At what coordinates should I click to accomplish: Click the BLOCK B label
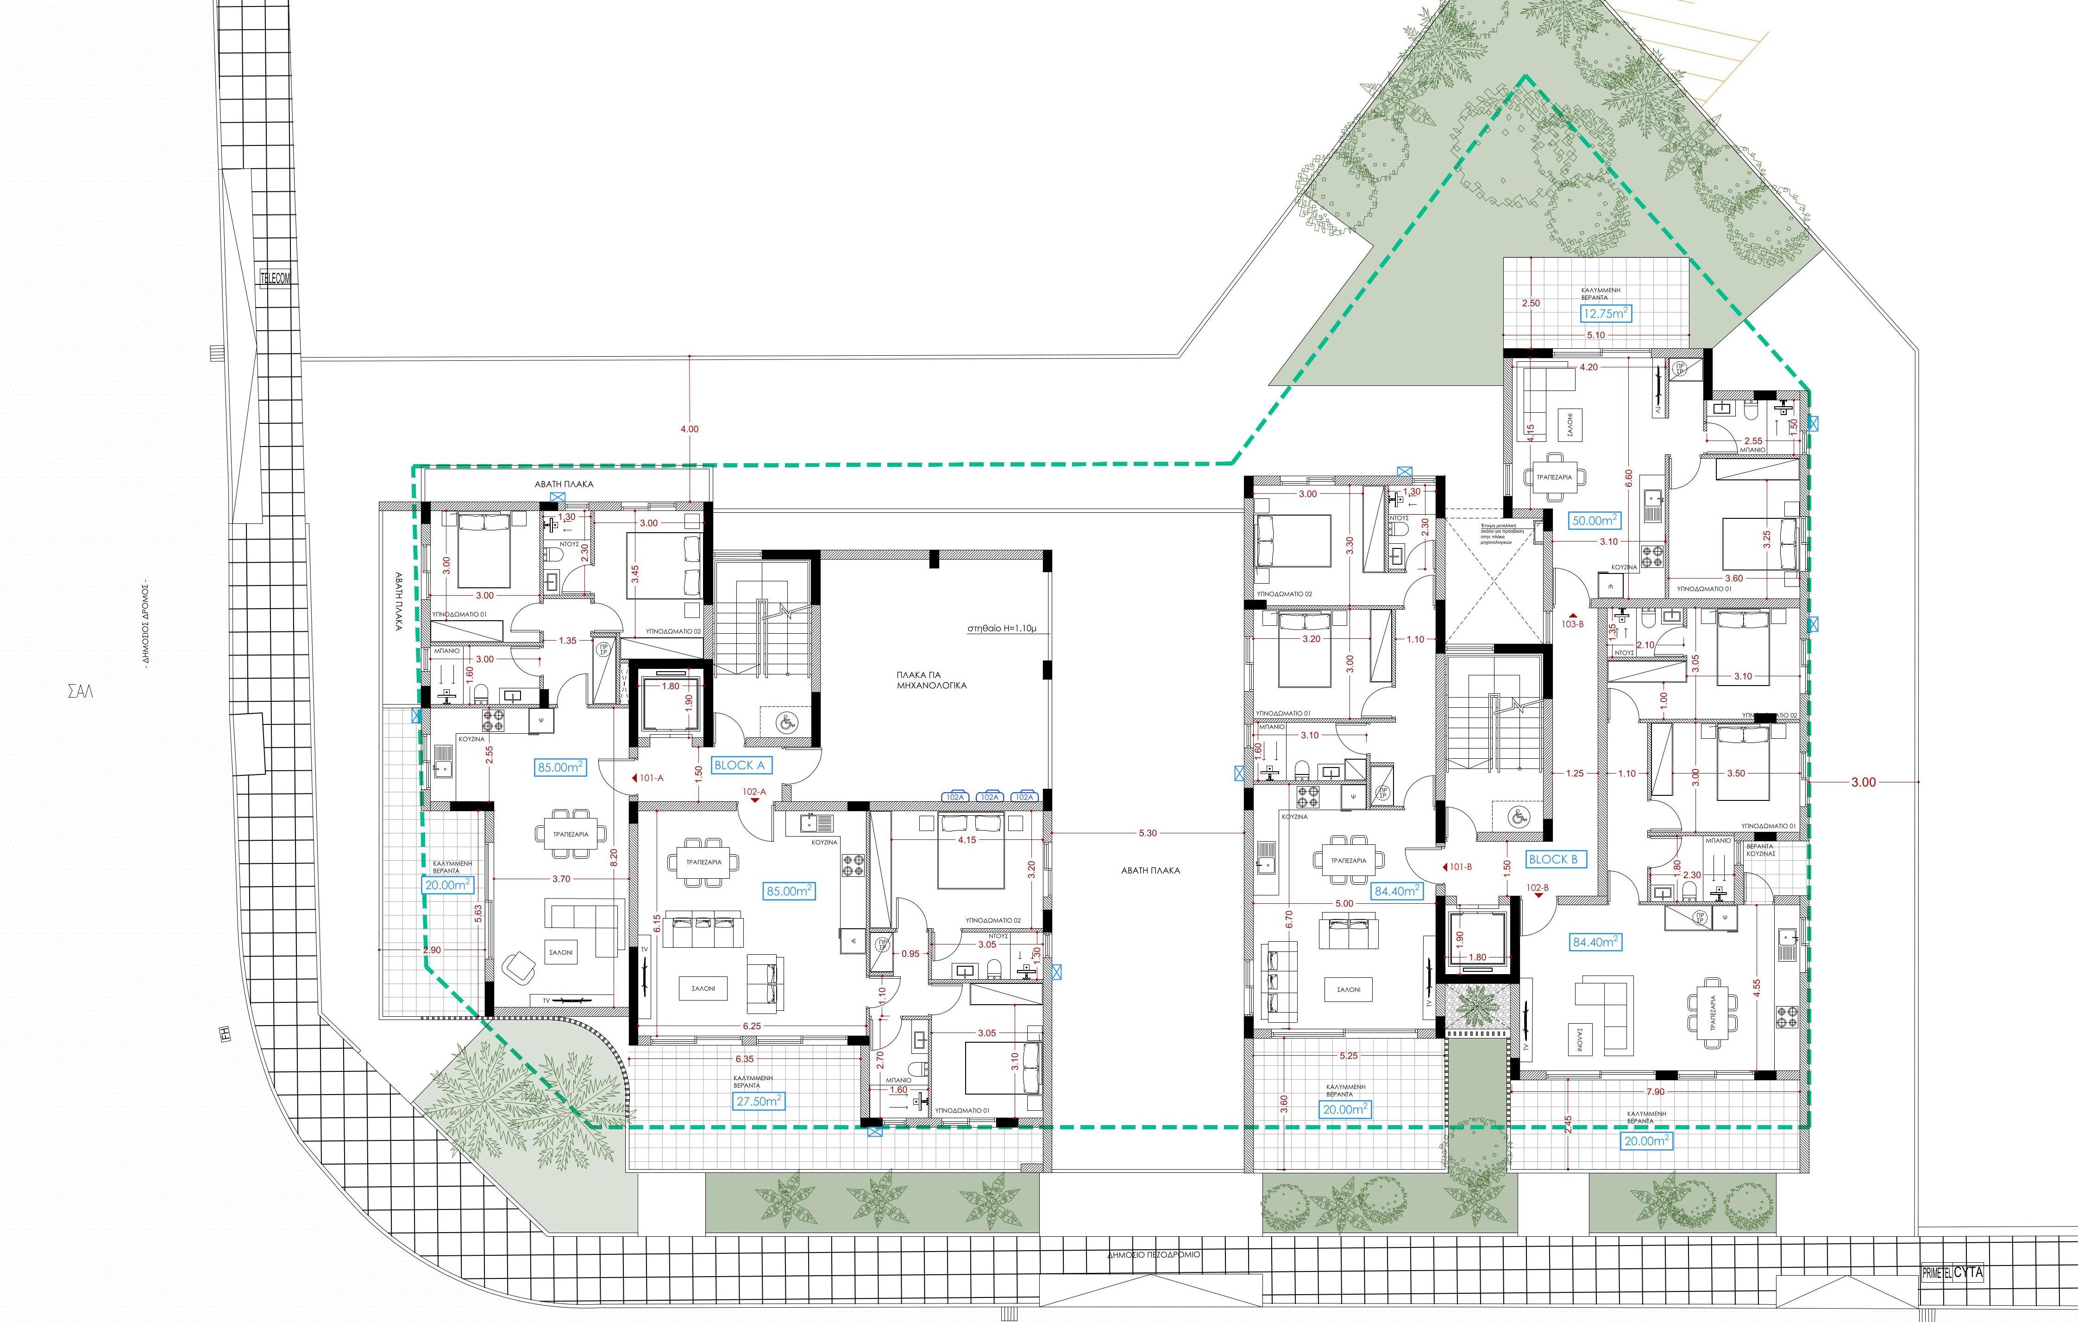point(1552,859)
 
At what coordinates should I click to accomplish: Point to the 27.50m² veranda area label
point(760,1101)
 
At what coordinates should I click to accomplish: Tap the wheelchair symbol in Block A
point(785,721)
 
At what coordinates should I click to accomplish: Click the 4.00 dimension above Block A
point(690,429)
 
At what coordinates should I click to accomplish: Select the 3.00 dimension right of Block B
point(1863,783)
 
